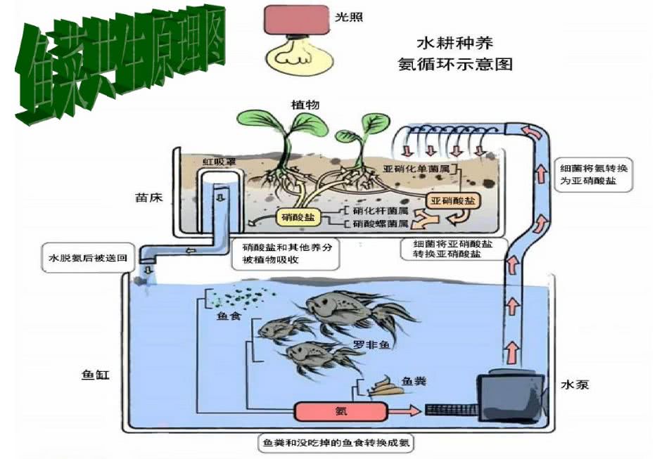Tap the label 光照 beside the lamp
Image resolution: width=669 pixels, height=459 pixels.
(349, 16)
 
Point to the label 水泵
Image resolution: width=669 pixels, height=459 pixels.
(575, 384)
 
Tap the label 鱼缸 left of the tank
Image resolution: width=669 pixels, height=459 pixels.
(96, 374)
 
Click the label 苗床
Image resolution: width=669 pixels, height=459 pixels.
(149, 198)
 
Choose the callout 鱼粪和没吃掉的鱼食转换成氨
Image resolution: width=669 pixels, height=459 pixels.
(342, 444)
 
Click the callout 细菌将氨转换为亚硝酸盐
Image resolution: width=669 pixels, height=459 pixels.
(595, 174)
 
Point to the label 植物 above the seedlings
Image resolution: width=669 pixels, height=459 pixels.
(305, 105)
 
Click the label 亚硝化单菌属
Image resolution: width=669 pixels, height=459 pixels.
(420, 169)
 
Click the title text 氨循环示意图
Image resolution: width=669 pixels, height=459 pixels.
(455, 65)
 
